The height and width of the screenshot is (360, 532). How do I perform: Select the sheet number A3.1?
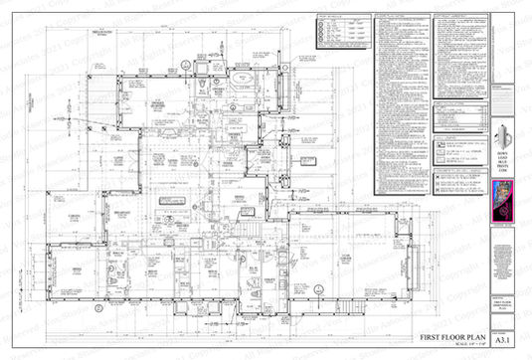pyautogui.click(x=506, y=334)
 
